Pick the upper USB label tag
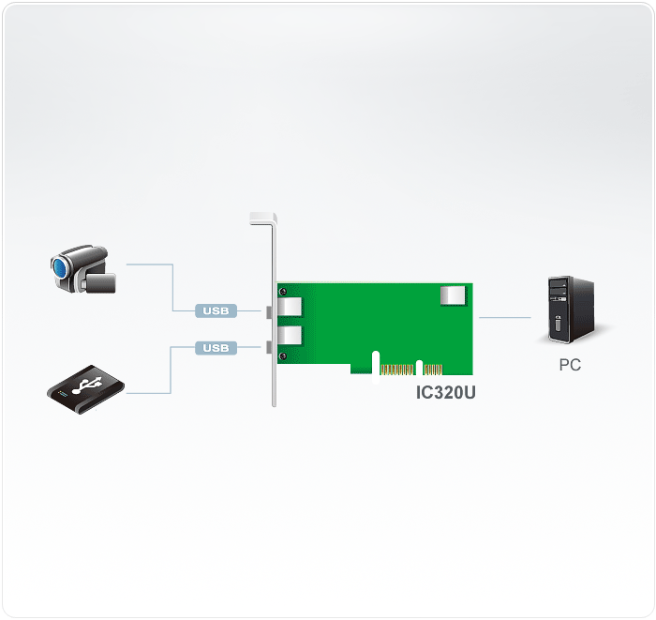point(216,310)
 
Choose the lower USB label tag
point(216,348)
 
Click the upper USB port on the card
point(290,307)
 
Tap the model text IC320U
point(446,393)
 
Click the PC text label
point(570,366)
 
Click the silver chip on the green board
point(454,296)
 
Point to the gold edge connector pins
point(398,369)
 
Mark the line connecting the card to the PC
point(504,318)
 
